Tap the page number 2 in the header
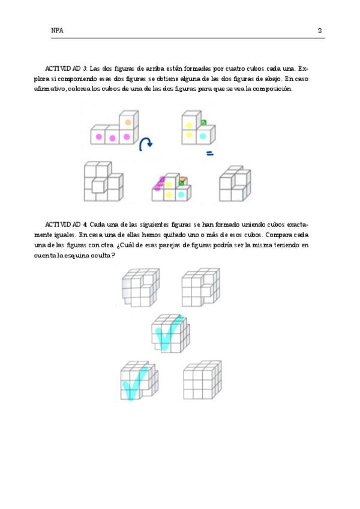[x=320, y=30]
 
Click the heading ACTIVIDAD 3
[x=66, y=69]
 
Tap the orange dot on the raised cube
[x=127, y=122]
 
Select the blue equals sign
[x=210, y=154]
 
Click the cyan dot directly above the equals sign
[x=203, y=136]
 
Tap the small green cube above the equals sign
[x=203, y=123]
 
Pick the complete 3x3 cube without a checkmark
[x=201, y=381]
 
